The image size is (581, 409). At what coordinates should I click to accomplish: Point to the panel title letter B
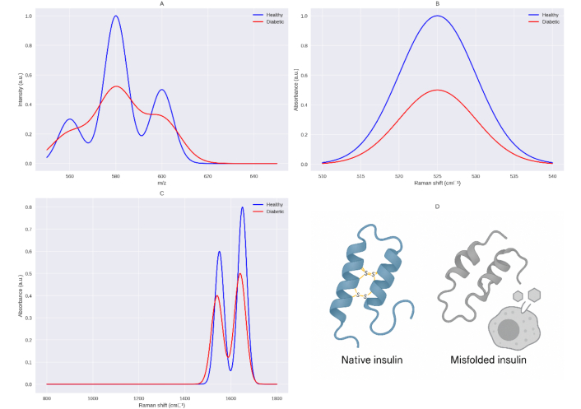coord(438,4)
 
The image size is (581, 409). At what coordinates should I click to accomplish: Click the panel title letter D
coord(438,206)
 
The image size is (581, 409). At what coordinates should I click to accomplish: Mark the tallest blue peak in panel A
coord(116,16)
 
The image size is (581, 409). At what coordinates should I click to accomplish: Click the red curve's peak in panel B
coord(438,91)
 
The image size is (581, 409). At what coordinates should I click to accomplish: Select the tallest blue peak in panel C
coord(242,207)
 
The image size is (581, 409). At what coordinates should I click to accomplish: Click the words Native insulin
coord(372,360)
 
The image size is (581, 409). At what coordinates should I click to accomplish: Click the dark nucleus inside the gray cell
coord(508,329)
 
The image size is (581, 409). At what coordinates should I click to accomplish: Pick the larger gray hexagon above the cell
coord(533,294)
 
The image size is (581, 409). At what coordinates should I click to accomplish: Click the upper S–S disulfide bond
coord(368,274)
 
